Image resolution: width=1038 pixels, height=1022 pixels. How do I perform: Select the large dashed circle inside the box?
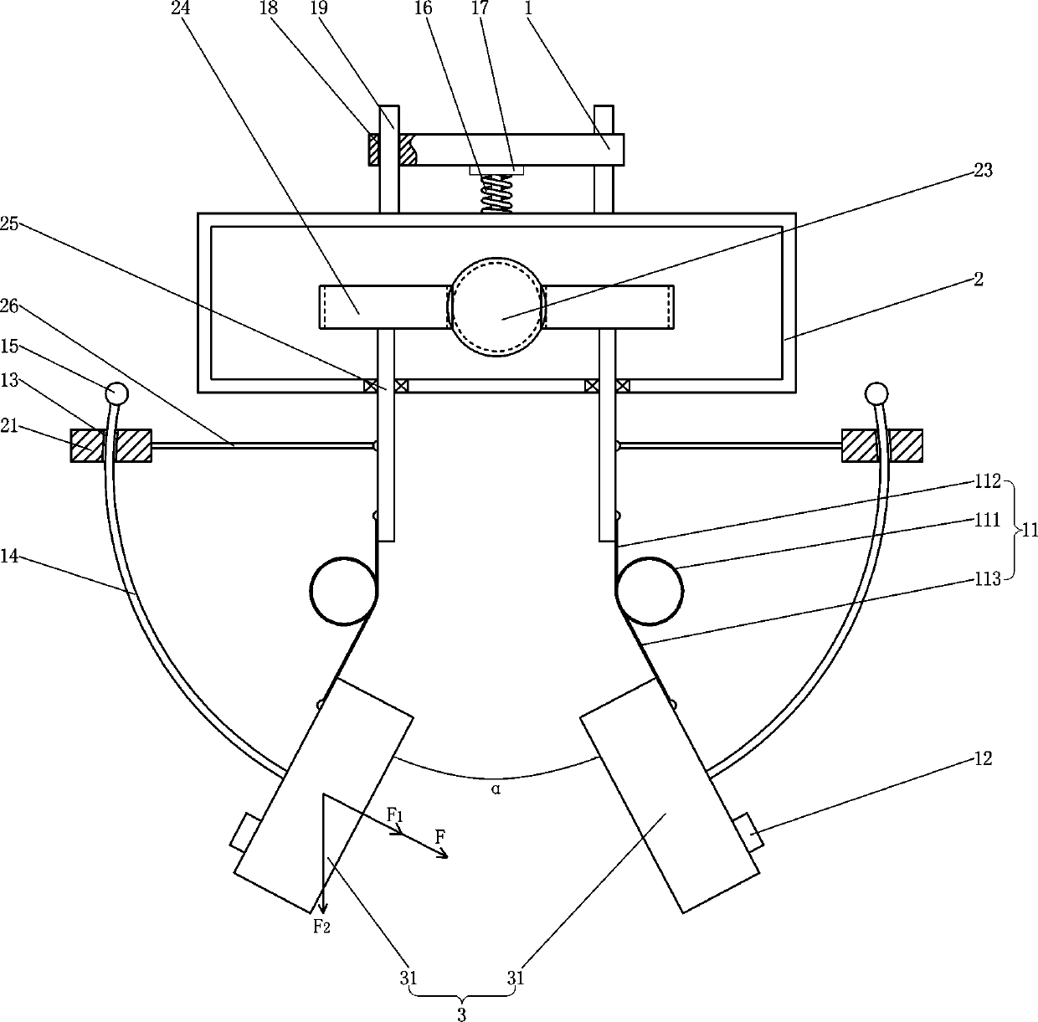pyautogui.click(x=496, y=307)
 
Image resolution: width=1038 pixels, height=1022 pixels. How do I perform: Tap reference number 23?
pyautogui.click(x=983, y=171)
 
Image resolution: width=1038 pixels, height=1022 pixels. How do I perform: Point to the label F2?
pyautogui.click(x=321, y=926)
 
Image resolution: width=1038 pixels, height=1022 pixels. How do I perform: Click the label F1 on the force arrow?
pyautogui.click(x=395, y=814)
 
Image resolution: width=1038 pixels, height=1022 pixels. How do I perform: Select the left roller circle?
pyautogui.click(x=343, y=591)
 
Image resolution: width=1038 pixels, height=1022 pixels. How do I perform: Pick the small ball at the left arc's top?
pyautogui.click(x=116, y=392)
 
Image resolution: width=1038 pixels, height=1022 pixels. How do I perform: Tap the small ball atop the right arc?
pyautogui.click(x=876, y=392)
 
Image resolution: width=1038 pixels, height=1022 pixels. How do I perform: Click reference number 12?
pyautogui.click(x=983, y=758)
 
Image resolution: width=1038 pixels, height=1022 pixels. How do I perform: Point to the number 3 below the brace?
pyautogui.click(x=461, y=1014)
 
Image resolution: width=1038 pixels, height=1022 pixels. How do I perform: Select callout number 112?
pyautogui.click(x=987, y=481)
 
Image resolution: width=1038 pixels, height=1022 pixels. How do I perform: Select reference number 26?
pyautogui.click(x=9, y=306)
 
